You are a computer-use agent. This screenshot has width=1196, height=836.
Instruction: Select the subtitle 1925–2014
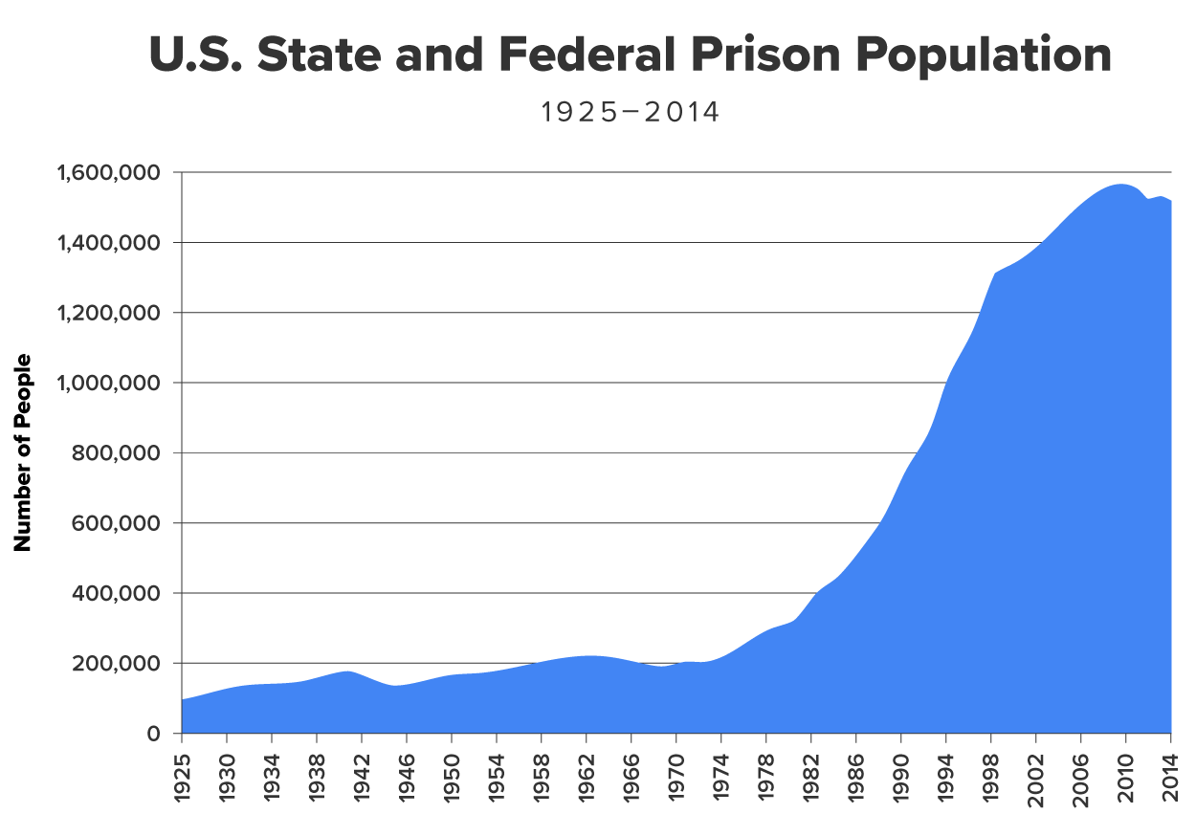coord(630,113)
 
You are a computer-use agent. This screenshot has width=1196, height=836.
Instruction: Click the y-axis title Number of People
coord(23,452)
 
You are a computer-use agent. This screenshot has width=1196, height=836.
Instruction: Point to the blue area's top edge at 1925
coord(182,700)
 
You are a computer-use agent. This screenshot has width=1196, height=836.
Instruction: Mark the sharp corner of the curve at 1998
coord(995,274)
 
